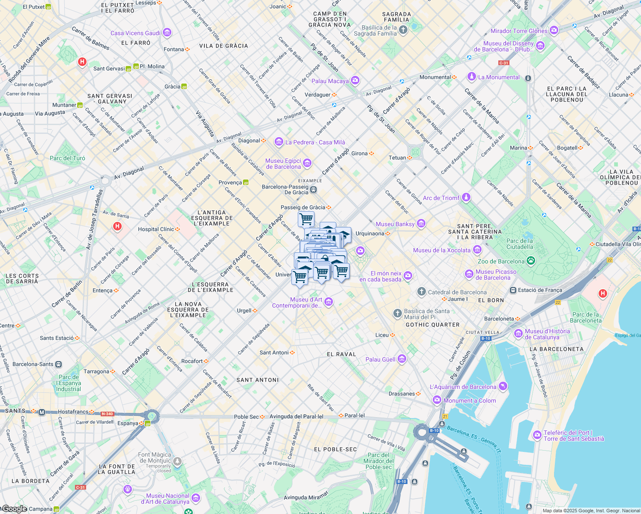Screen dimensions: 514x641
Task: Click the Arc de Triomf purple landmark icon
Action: [x=466, y=197]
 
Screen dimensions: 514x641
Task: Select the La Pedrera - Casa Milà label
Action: [x=315, y=142]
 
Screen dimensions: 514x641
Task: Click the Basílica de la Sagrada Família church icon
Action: [x=403, y=30]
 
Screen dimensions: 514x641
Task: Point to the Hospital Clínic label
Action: [x=156, y=229]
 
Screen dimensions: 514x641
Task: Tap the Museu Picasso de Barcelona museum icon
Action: [x=469, y=274]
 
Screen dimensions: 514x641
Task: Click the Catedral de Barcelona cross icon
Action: [x=422, y=292]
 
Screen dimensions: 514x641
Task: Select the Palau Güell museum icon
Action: [x=402, y=359]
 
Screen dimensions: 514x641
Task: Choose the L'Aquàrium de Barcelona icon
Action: [x=503, y=386]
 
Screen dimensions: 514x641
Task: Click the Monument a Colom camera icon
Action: [x=437, y=400]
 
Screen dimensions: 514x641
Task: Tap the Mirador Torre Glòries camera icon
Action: [x=554, y=30]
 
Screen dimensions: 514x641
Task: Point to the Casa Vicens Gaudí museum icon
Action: [x=167, y=33]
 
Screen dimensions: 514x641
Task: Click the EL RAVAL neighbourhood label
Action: [x=341, y=354]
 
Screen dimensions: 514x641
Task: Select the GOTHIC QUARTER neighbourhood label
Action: [x=432, y=325]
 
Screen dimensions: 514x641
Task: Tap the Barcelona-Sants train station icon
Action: [x=59, y=365]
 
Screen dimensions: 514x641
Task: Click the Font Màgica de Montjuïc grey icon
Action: [x=177, y=461]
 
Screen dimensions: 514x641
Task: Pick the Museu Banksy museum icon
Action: [x=421, y=224]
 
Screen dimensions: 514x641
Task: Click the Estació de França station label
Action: [x=540, y=290]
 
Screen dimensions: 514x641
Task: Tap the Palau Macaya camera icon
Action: [x=355, y=81]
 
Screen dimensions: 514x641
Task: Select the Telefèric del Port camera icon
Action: [x=537, y=435]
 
